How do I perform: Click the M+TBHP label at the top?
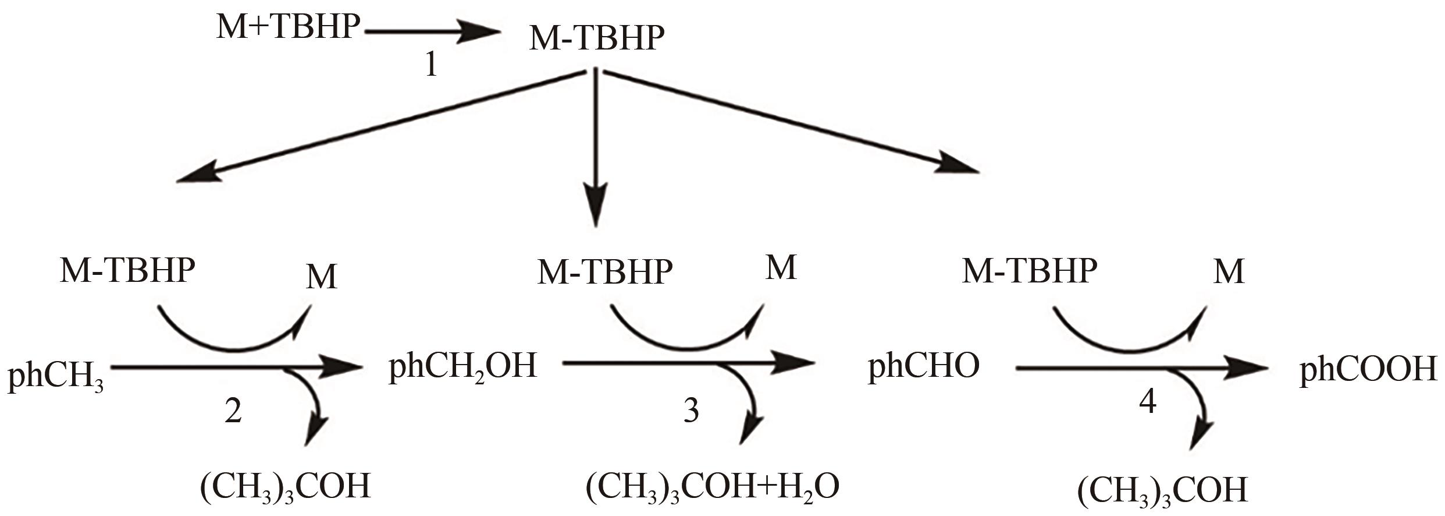[288, 27]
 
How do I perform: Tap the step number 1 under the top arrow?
[430, 66]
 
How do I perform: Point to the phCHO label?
[924, 367]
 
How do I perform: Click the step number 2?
[233, 411]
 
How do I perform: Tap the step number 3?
[691, 411]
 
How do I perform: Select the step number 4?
[1147, 402]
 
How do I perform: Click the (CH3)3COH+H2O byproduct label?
[712, 487]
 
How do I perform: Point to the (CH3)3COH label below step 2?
[285, 487]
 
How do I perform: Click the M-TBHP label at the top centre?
[596, 38]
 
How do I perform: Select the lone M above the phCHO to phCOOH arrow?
[1229, 271]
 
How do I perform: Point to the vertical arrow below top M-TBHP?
[595, 146]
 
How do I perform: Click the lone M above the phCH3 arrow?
[322, 277]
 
